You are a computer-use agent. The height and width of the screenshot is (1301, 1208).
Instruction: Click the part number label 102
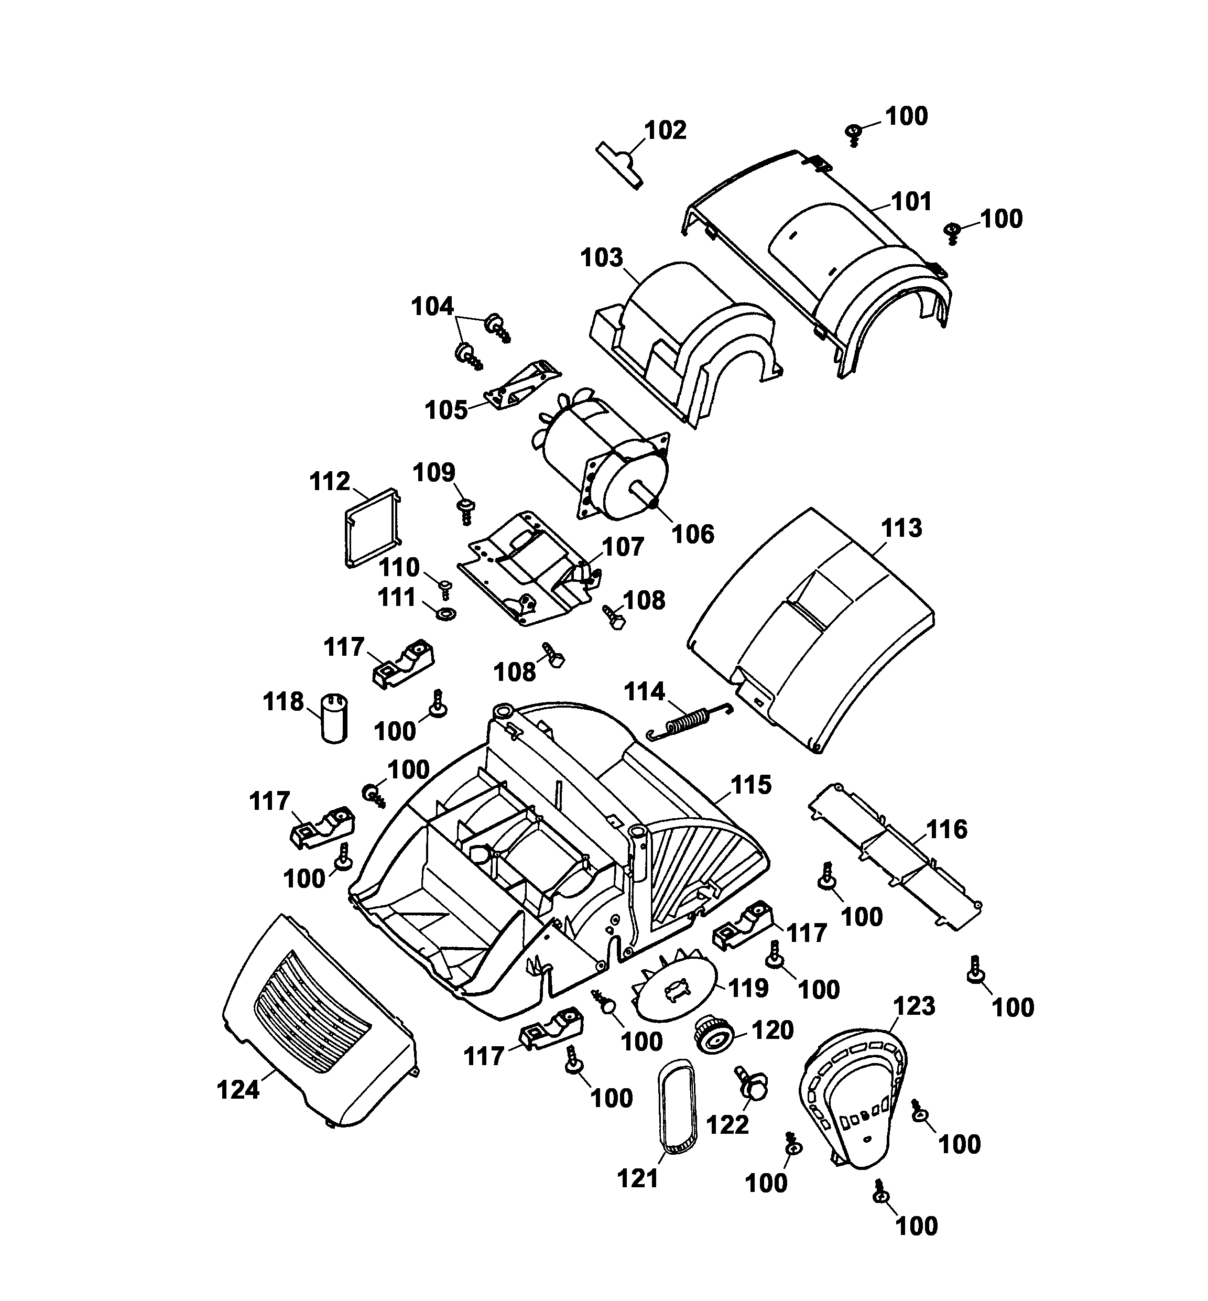click(x=666, y=131)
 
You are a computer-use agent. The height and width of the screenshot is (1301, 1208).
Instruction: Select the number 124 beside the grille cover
click(x=238, y=1090)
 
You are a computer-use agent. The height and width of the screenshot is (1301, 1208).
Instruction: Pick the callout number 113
click(x=901, y=528)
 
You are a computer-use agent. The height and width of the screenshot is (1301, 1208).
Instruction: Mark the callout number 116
click(x=946, y=830)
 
